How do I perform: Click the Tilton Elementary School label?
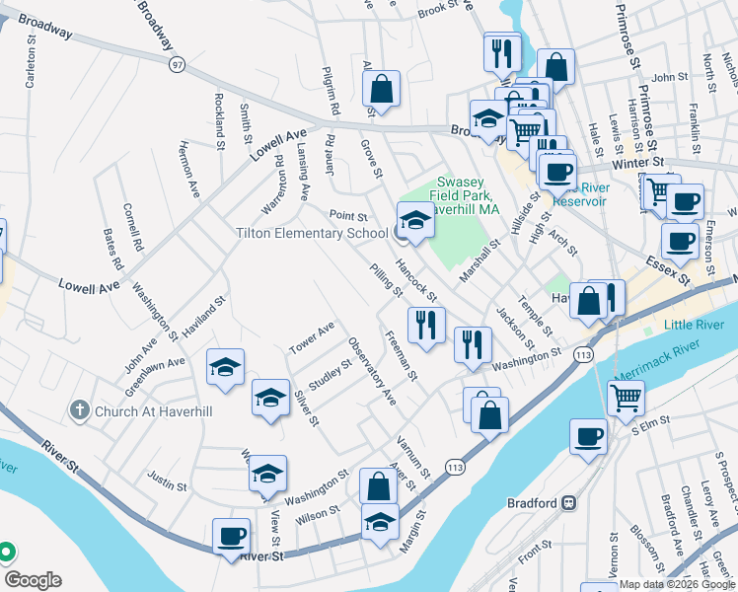[x=311, y=233]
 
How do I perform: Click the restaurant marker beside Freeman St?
[x=426, y=324]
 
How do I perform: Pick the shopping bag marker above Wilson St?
[x=378, y=485]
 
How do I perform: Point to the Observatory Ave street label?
[x=372, y=372]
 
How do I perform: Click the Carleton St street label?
[x=31, y=64]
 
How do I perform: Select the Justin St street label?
[x=167, y=484]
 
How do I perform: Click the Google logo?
[x=34, y=579]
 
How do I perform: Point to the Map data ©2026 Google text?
[x=676, y=584]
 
